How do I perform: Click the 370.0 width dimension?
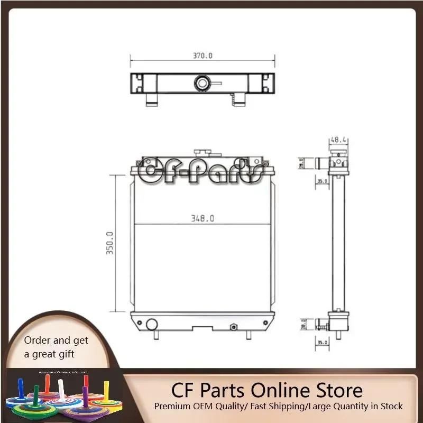(203, 56)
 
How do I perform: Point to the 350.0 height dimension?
(110, 243)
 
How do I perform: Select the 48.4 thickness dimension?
(338, 140)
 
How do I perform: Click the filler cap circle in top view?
(202, 82)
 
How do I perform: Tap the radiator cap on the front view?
(202, 153)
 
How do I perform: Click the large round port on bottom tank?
(151, 324)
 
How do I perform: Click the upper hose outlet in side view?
(320, 162)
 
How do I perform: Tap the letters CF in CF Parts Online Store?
(182, 390)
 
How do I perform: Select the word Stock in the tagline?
(390, 406)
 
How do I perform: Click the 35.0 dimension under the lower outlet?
(322, 343)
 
